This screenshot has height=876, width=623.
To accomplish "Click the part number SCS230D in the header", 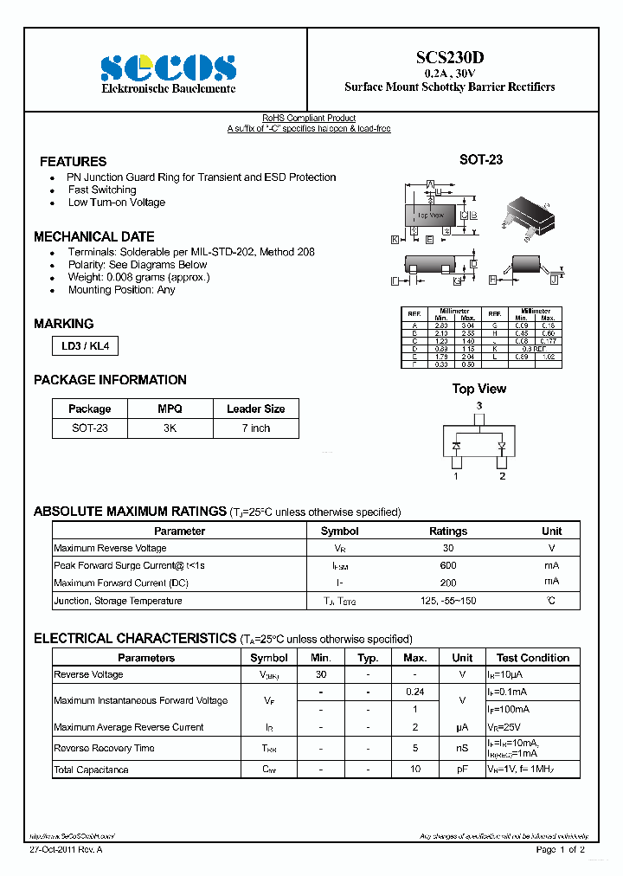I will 450,57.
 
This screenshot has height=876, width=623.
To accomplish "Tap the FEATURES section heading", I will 74,162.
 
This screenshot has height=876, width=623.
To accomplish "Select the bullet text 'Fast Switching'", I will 102,190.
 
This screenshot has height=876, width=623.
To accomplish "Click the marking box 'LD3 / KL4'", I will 84,346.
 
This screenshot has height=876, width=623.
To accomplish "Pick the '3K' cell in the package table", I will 170,428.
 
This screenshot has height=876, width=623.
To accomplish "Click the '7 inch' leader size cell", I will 255,428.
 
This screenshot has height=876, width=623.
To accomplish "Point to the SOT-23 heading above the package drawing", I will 480,160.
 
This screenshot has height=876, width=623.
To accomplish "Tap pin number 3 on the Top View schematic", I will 478,406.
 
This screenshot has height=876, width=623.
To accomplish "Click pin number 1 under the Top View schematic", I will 456,475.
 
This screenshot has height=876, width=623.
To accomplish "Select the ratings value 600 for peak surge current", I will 447,565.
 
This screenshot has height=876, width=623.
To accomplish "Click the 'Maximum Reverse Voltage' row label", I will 110,548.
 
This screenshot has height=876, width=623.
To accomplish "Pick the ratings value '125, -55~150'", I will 447,601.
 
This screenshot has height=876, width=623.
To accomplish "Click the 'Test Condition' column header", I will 532,658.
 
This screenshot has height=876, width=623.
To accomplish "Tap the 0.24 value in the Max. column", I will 415,692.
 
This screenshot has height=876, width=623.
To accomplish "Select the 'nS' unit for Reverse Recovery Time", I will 462,748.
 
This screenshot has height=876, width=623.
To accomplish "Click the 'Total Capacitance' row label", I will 91,770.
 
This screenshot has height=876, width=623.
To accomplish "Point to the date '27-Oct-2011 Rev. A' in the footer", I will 66,850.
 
